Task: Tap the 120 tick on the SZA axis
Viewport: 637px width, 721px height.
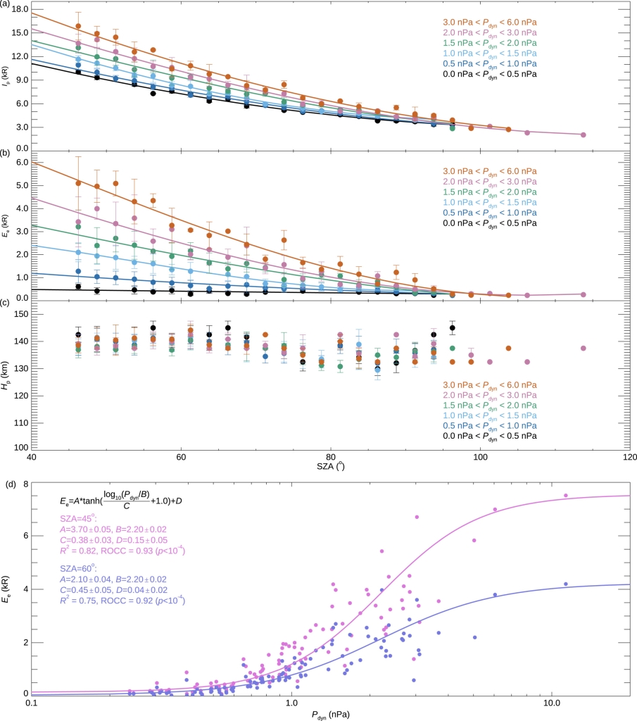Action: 629,458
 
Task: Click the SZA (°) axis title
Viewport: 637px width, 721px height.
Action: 330,467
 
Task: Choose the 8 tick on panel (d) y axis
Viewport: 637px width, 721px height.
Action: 23,484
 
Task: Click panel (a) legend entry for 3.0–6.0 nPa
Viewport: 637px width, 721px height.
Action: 489,23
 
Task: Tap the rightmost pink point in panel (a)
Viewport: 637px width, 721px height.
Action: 583,134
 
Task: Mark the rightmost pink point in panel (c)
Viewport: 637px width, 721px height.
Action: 583,348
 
